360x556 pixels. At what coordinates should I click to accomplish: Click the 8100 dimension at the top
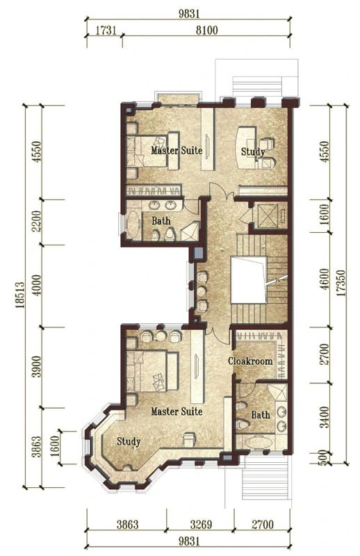point(207,31)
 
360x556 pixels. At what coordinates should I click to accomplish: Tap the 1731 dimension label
point(106,31)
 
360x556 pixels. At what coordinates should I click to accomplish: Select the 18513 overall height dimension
point(20,295)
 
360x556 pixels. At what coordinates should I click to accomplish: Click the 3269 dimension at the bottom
point(201,525)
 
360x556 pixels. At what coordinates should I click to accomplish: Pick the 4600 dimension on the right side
point(325,279)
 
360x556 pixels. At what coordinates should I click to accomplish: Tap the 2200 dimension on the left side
point(37,221)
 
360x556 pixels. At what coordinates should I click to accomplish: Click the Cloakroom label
point(250,361)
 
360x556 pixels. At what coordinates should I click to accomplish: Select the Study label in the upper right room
point(253,152)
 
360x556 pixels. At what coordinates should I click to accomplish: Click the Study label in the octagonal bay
point(129,441)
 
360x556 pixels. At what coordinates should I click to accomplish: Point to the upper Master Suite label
point(177,150)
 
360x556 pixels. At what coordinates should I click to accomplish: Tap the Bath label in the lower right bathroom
point(261,414)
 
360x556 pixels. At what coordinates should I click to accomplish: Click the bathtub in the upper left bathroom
point(133,224)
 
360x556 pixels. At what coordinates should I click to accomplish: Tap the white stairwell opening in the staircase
point(248,280)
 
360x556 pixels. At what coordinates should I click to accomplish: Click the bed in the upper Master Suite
point(152,150)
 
